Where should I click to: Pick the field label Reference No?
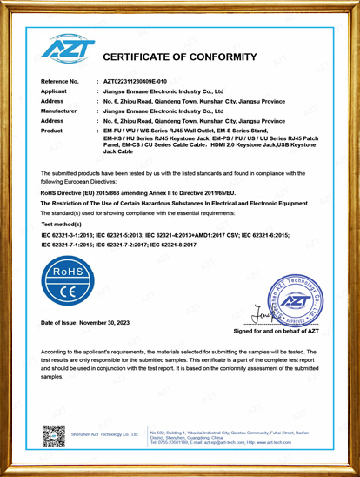click(60, 80)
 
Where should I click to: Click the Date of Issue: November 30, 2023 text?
click(91, 323)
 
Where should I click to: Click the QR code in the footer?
click(53, 434)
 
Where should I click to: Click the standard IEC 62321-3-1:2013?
click(70, 235)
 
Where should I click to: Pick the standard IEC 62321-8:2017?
click(173, 245)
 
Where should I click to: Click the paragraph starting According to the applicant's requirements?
click(179, 364)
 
